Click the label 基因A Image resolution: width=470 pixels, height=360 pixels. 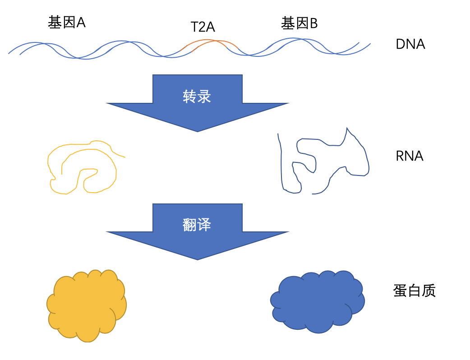(x=67, y=23)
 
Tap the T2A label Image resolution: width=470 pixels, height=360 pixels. (x=203, y=27)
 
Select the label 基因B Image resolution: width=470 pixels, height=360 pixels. (x=300, y=23)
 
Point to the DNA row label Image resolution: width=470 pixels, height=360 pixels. (x=410, y=44)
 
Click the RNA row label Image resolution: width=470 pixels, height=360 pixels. (x=409, y=156)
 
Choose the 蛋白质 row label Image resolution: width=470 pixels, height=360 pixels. (x=415, y=291)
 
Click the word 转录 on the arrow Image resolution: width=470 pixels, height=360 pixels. (x=197, y=96)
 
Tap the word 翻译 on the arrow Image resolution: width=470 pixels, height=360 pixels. (x=197, y=224)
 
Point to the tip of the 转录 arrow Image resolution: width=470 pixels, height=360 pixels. (x=198, y=131)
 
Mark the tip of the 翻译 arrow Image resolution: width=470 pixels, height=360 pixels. (x=198, y=259)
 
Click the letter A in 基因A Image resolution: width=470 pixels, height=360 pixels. (x=81, y=23)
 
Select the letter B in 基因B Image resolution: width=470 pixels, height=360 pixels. (x=313, y=23)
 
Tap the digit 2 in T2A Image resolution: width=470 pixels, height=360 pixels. (x=203, y=27)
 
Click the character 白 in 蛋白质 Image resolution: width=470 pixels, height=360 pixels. (x=415, y=291)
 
